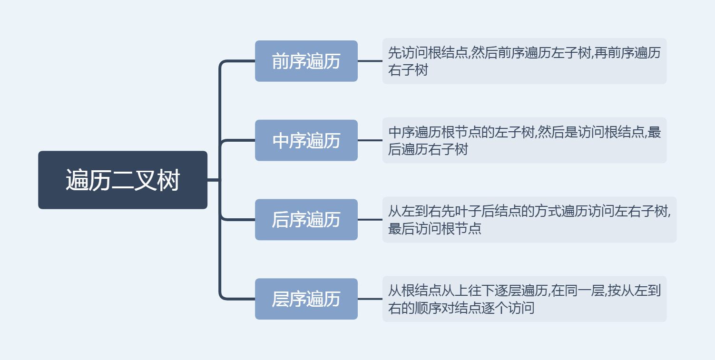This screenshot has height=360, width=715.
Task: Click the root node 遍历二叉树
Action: pos(123,180)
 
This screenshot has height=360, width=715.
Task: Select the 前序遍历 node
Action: pos(306,61)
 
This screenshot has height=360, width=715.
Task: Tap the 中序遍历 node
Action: pos(306,140)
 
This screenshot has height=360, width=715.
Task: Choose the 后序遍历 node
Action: pos(306,220)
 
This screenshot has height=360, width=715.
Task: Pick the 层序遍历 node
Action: pos(306,299)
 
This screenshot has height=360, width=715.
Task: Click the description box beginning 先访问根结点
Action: pos(524,61)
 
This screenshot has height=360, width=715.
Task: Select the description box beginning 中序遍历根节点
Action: pos(524,140)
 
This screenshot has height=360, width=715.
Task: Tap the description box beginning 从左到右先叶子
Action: pos(529,220)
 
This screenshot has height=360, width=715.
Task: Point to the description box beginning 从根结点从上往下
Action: pos(524,299)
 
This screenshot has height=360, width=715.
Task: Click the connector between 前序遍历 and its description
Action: pos(370,61)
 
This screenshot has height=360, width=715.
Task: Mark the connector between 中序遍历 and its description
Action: pos(370,140)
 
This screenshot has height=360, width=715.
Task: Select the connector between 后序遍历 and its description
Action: pos(370,220)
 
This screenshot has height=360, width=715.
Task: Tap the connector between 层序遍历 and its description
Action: pos(370,299)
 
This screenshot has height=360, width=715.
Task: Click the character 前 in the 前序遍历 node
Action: pos(280,61)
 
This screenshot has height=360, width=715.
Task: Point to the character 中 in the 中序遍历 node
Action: pos(280,141)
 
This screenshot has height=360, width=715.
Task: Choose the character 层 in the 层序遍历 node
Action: pos(280,299)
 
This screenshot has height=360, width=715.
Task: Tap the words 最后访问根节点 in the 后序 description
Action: pos(435,229)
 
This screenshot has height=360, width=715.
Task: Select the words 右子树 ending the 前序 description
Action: pos(408,70)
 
